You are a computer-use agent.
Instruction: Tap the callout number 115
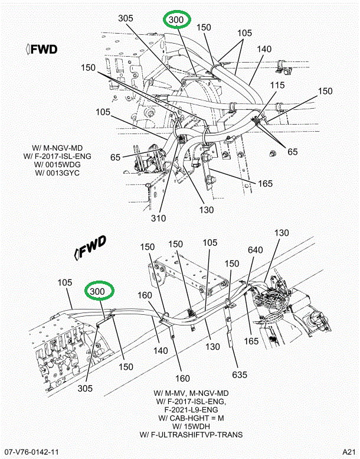pos(277,85)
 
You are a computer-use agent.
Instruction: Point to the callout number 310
pos(159,217)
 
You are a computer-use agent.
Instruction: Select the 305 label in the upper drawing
pos(125,18)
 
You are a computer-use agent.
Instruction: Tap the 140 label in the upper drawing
pos(264,50)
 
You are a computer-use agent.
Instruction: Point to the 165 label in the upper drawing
pos(265,183)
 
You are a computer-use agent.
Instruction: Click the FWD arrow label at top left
pos(41,49)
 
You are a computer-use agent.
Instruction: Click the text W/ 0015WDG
pos(57,164)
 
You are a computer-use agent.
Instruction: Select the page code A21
pos(348,453)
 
